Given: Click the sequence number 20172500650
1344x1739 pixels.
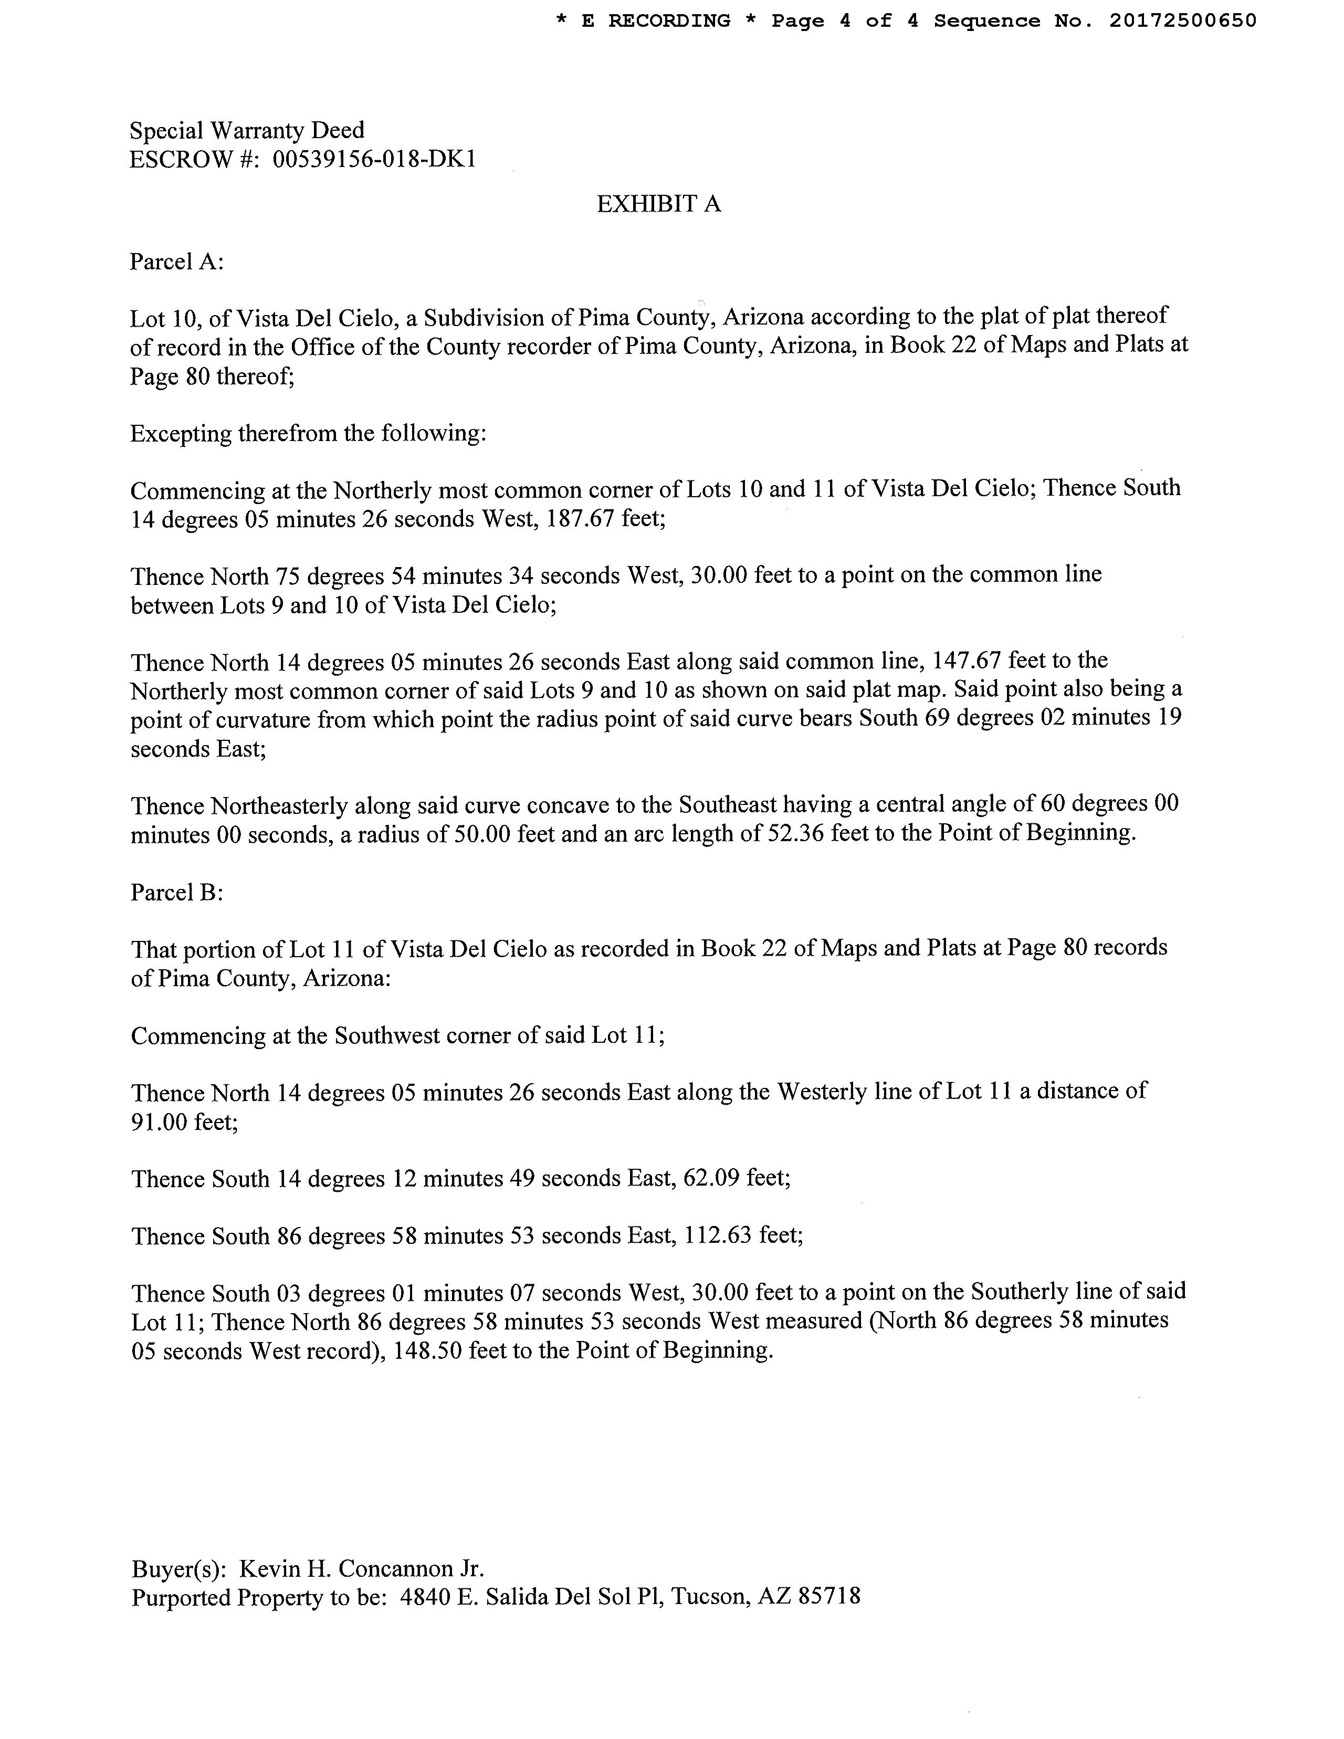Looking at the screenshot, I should coord(1182,20).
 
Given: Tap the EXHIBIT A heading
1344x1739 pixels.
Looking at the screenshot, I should coord(658,205).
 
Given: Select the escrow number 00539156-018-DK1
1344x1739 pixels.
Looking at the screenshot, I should coord(374,160).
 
